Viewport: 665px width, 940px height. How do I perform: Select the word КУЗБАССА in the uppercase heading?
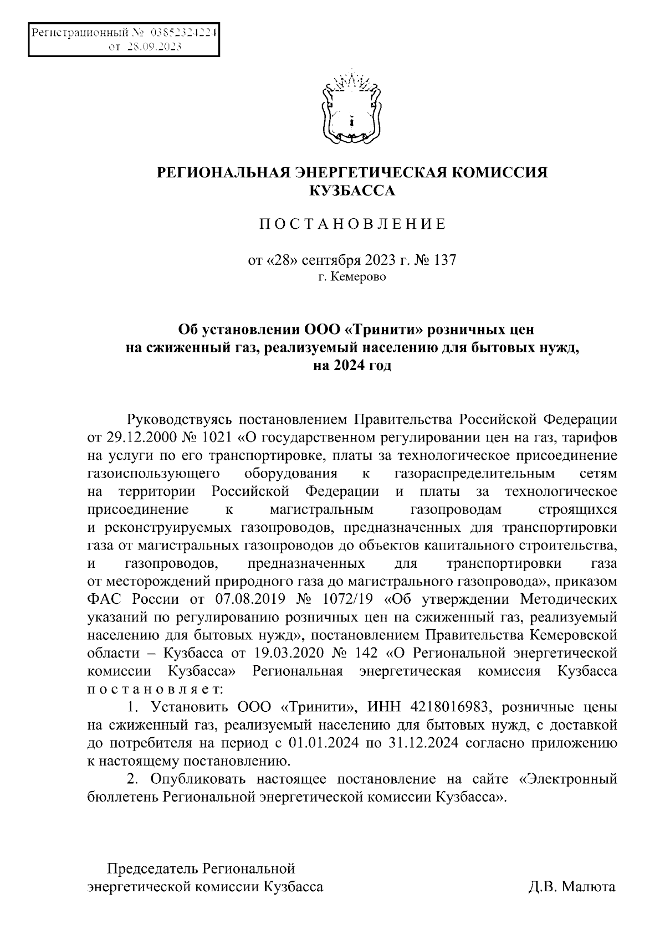(x=352, y=191)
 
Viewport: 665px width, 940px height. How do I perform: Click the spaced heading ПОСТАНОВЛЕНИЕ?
(x=352, y=224)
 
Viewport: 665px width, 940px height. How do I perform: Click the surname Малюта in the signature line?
(x=589, y=887)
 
